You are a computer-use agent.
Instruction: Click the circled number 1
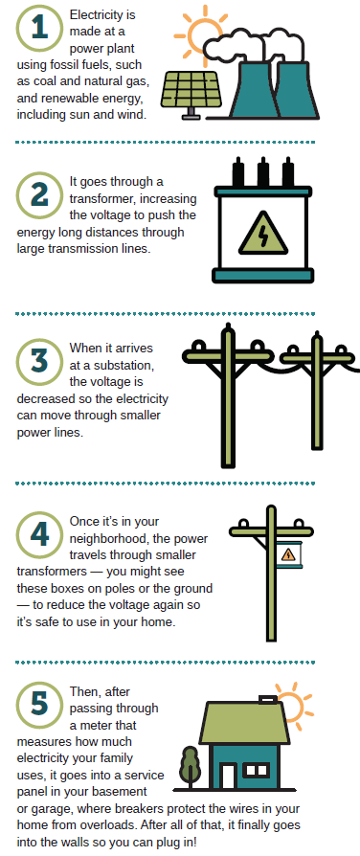(x=39, y=29)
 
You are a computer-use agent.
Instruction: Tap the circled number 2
(x=39, y=195)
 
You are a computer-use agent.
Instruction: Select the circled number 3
(x=39, y=362)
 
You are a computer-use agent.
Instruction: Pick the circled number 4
(x=39, y=535)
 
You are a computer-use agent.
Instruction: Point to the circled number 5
(x=39, y=704)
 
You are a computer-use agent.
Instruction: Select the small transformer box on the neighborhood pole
(x=288, y=554)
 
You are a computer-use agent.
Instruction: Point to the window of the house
(x=256, y=770)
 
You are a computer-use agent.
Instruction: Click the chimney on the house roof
(x=267, y=699)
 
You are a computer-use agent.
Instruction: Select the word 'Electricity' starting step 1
(x=102, y=14)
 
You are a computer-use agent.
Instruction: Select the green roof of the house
(x=243, y=723)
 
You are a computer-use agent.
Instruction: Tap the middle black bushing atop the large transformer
(x=262, y=172)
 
